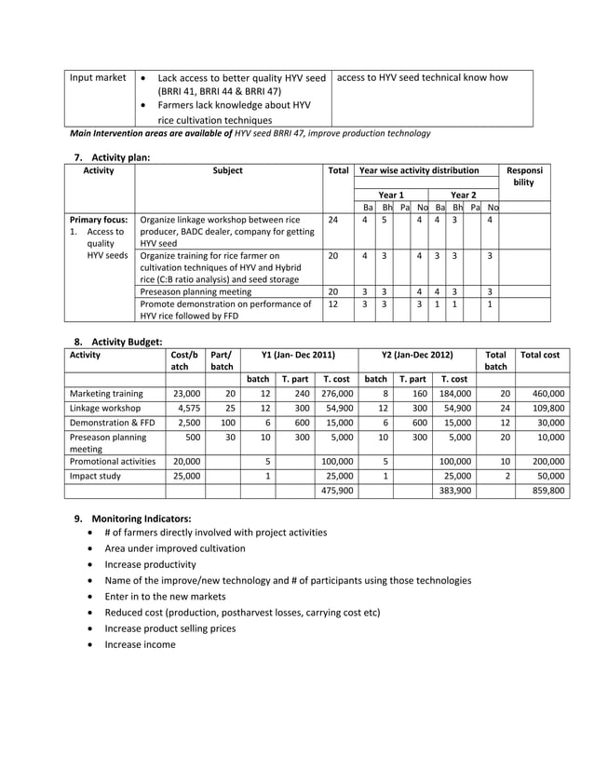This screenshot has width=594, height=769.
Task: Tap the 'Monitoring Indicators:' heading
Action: point(141,518)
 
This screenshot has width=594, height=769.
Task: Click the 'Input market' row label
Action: point(99,77)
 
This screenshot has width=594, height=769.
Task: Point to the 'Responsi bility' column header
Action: point(525,177)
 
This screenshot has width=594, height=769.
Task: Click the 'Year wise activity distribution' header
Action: point(419,170)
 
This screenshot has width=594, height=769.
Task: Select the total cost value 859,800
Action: point(544,490)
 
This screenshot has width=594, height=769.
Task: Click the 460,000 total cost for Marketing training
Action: point(544,394)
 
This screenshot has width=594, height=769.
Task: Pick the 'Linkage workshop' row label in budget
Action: point(106,409)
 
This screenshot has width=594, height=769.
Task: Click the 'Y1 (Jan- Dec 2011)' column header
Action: point(298,354)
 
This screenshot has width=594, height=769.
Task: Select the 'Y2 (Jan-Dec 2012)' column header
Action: point(417,354)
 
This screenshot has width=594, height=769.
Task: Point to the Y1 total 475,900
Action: point(336,490)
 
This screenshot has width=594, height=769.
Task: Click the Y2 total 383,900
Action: point(454,490)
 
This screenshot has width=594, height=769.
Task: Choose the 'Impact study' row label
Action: point(98,475)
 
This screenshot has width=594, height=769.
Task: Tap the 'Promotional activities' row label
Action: point(112,461)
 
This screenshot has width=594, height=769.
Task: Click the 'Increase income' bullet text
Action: point(140,644)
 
